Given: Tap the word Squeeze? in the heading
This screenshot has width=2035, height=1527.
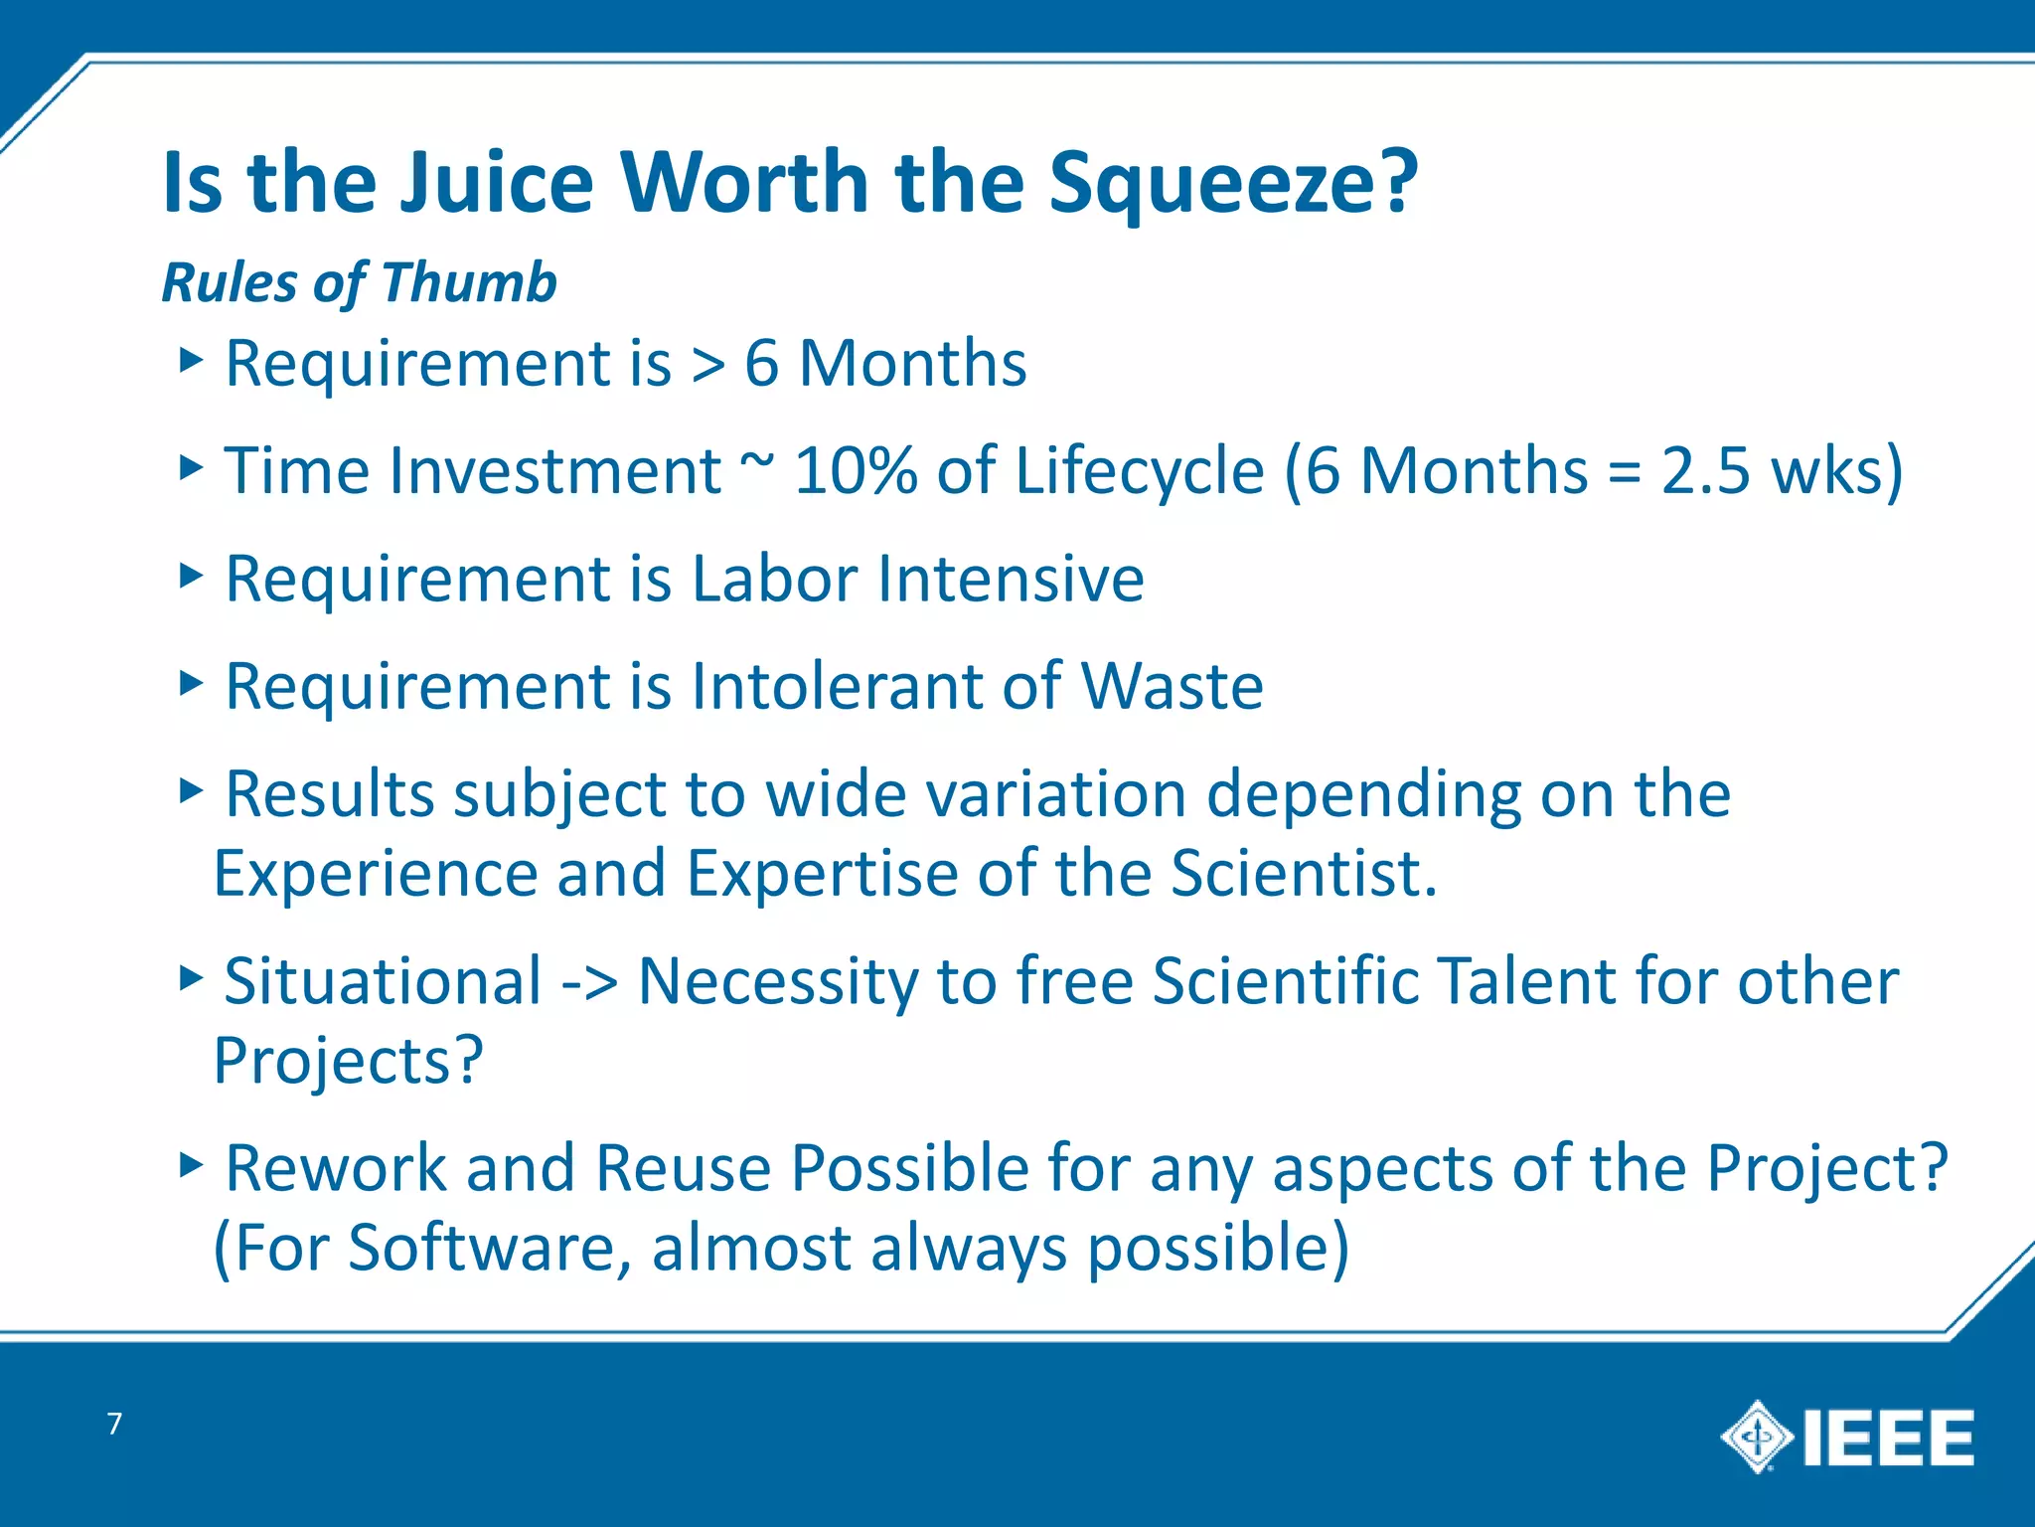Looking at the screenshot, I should (1233, 184).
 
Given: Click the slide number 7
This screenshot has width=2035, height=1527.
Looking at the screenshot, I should (115, 1424).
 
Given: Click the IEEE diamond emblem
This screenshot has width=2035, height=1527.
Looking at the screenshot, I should (1757, 1437).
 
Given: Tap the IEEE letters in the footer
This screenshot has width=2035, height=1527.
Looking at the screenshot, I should (1888, 1439).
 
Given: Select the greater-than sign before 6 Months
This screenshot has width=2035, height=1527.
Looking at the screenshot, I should (708, 364).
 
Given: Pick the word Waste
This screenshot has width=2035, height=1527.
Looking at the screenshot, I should (1172, 686).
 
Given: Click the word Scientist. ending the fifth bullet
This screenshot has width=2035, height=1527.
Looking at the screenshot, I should (1304, 873).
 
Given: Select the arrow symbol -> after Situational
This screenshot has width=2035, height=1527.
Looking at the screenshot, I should (589, 982).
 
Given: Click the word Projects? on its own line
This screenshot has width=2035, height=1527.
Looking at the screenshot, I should (349, 1062).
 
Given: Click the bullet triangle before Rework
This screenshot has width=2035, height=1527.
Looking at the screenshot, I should (191, 1163).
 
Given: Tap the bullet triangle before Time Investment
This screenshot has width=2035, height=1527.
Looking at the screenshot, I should (191, 466).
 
